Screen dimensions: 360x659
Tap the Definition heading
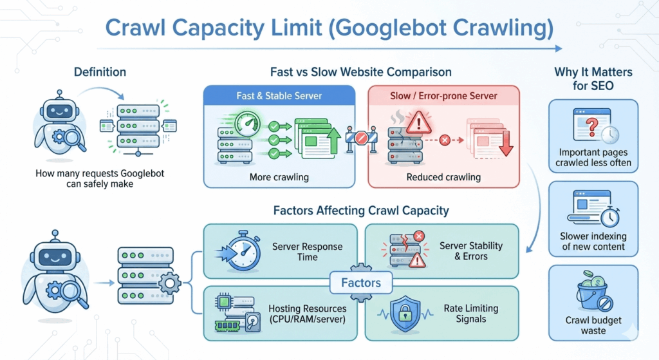tap(100, 72)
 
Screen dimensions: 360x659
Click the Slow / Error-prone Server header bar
tap(443, 96)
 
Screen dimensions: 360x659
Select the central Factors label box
tap(361, 282)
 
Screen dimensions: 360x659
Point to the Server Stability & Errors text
tap(470, 251)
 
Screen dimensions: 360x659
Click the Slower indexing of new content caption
tap(593, 242)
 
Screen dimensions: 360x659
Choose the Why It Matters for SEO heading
tap(593, 79)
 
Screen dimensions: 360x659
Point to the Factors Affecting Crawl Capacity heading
tap(360, 210)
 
